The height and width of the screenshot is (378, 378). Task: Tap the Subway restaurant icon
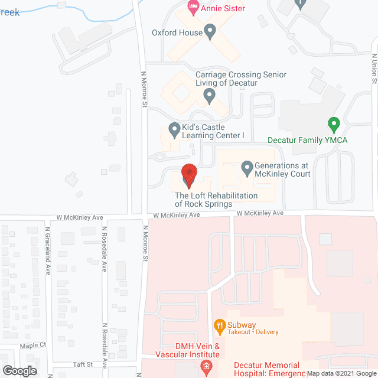(220, 325)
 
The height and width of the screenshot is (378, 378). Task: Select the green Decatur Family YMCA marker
(334, 125)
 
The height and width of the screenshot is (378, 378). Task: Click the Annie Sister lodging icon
(193, 8)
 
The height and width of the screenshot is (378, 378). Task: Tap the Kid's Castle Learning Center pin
(174, 128)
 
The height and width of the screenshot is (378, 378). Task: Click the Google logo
(19, 370)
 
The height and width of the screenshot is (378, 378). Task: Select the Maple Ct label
(33, 345)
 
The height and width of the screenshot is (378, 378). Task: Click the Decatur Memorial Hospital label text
(266, 369)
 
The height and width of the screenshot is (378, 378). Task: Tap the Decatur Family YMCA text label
(307, 140)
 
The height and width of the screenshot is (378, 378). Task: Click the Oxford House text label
(177, 33)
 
